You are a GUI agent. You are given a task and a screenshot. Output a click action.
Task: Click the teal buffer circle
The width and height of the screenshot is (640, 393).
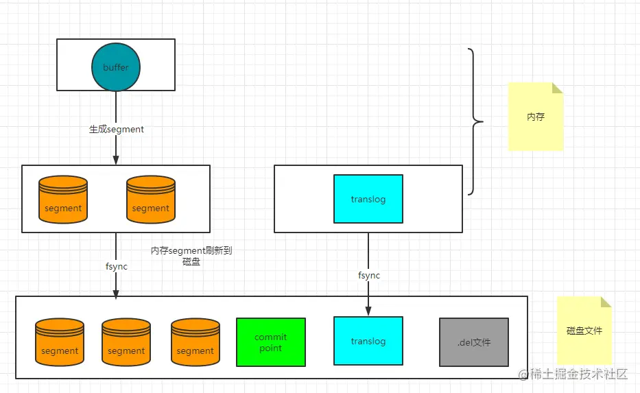(x=116, y=67)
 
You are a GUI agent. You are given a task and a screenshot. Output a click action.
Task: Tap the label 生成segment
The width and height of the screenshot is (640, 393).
(x=116, y=128)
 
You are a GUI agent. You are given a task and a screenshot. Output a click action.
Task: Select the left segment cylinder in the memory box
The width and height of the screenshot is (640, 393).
(x=63, y=200)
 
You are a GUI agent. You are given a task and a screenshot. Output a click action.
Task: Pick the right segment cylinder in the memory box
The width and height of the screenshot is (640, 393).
(x=150, y=200)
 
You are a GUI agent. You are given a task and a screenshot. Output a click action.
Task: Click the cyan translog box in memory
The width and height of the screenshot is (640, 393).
(x=368, y=199)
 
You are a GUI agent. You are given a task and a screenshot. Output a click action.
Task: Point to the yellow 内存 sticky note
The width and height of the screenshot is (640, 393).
(x=535, y=117)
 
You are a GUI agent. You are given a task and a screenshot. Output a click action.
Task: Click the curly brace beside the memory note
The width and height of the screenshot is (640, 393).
(x=475, y=122)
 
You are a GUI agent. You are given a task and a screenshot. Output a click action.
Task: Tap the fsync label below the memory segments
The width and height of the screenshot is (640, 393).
(x=116, y=266)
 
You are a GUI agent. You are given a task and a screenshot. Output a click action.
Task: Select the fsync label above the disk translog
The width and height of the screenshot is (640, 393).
(x=368, y=276)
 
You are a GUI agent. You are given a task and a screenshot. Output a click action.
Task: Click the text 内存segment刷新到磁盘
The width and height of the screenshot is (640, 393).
(x=191, y=256)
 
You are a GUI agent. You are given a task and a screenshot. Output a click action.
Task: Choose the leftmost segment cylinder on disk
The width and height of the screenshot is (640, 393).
(x=60, y=342)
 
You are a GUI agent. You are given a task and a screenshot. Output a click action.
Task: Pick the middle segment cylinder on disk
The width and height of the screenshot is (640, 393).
(x=126, y=342)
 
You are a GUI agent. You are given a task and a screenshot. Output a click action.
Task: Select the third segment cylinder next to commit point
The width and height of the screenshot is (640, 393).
(x=195, y=342)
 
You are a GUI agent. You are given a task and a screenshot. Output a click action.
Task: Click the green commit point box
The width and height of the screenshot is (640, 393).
(x=270, y=342)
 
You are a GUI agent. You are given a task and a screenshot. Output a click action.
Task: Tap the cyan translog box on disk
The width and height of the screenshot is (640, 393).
(x=368, y=341)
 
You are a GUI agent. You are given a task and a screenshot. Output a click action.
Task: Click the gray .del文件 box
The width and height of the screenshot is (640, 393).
(x=473, y=342)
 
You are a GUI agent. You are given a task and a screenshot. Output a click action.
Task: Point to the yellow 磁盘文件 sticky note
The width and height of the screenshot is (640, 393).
(x=584, y=330)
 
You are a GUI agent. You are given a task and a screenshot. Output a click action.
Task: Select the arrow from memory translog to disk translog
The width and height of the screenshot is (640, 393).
(x=368, y=295)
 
